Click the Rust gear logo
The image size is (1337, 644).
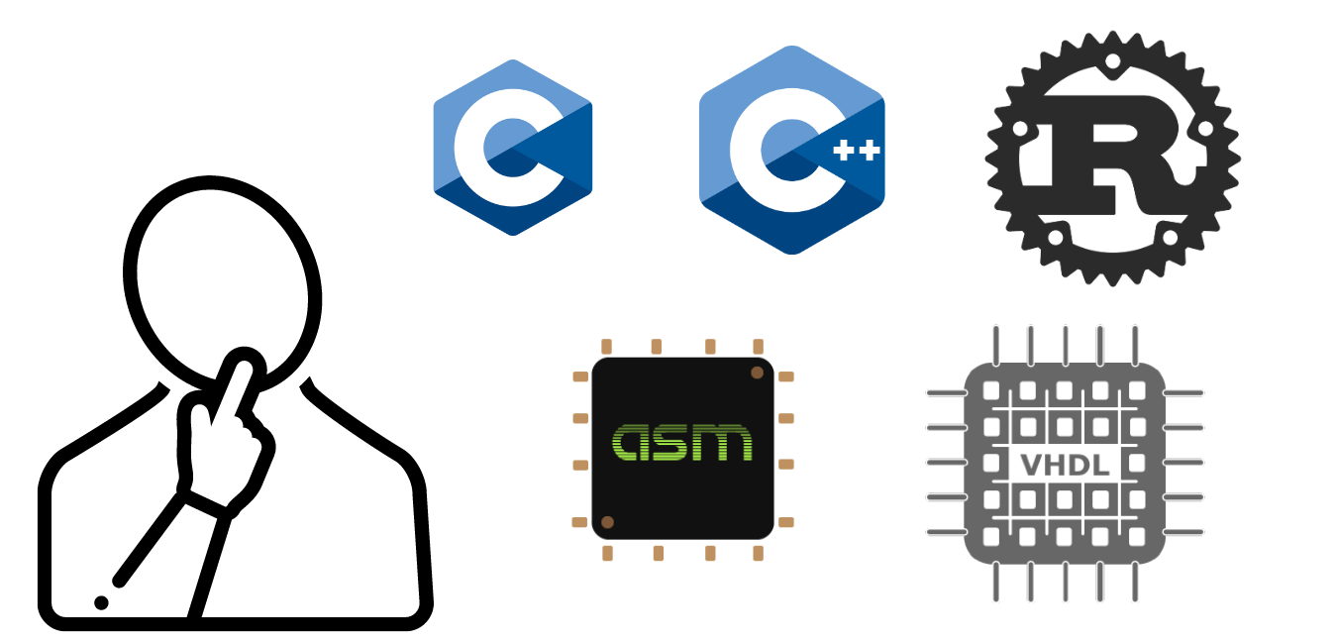click(x=1112, y=159)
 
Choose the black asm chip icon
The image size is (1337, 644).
click(x=682, y=448)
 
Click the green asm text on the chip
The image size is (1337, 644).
click(x=682, y=443)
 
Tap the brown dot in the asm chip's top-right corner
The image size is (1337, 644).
click(x=758, y=373)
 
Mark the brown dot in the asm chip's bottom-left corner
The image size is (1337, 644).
click(x=607, y=522)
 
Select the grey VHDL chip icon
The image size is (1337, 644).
click(x=1064, y=463)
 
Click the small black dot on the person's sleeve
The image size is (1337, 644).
click(x=101, y=602)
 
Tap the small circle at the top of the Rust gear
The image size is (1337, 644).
click(x=1112, y=61)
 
